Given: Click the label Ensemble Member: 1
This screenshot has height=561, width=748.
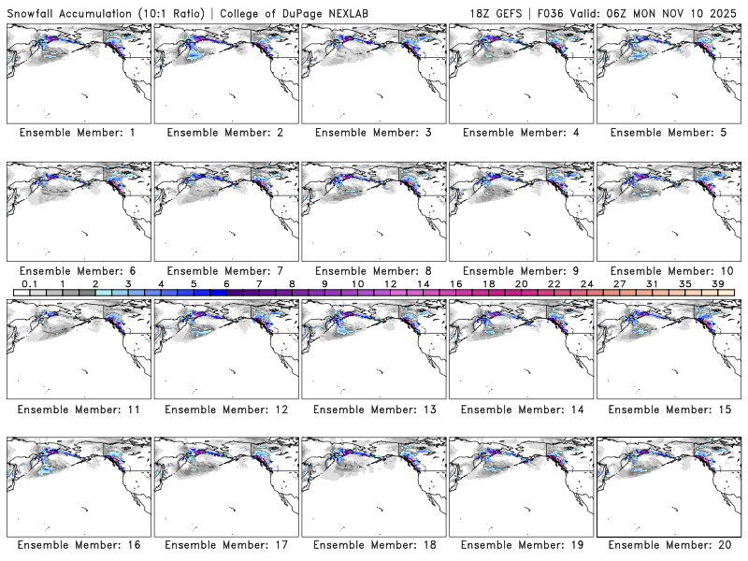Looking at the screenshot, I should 78,133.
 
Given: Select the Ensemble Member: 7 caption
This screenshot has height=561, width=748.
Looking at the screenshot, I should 224,270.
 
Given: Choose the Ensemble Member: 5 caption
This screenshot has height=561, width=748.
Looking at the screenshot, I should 667,133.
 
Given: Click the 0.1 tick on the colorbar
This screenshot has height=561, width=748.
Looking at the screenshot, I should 29,283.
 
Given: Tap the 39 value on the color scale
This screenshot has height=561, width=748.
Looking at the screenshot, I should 716,283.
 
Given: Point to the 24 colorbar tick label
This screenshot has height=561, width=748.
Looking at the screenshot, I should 586,283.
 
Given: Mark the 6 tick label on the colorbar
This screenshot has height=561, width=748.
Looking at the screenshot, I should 226,283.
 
